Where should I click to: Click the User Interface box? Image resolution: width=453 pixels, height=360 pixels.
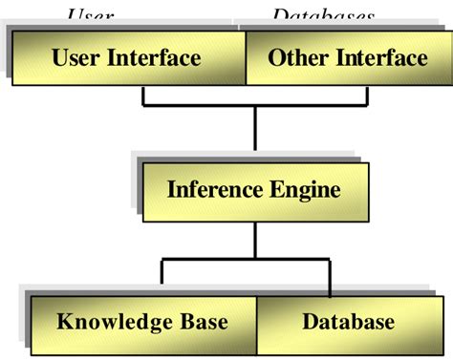127,59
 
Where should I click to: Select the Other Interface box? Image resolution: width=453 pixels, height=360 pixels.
347,59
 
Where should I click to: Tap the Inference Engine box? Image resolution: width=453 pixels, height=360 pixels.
253,189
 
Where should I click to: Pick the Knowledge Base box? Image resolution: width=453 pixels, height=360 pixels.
143,321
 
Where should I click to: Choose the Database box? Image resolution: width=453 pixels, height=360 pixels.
349,321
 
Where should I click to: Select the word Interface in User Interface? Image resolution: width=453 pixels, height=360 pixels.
154,58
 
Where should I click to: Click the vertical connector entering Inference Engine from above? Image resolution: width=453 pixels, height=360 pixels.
255,129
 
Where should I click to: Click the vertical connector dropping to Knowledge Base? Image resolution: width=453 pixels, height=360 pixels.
162,272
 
